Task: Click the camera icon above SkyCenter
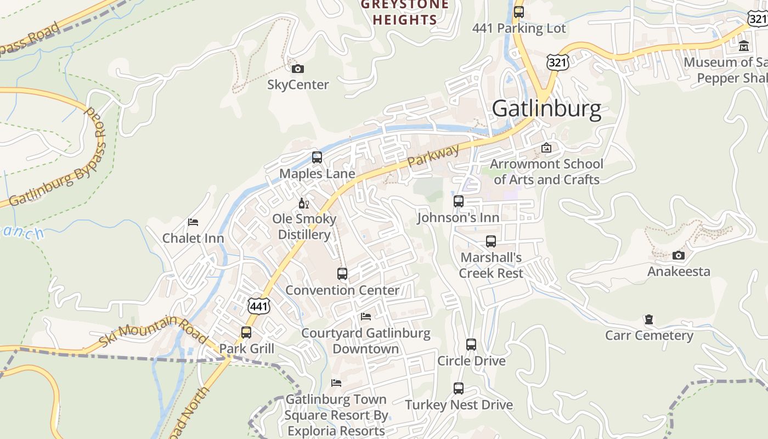point(298,69)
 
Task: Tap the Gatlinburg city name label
point(546,109)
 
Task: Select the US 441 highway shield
point(259,306)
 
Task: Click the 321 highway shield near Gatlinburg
point(557,62)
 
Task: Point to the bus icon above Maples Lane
point(317,157)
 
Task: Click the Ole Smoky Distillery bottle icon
point(304,204)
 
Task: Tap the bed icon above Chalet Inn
point(193,222)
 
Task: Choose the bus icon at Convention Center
point(342,273)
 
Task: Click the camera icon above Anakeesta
point(679,255)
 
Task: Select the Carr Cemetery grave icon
point(649,319)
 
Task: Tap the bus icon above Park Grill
point(246,332)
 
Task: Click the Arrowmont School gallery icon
point(546,148)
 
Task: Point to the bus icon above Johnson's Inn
point(459,201)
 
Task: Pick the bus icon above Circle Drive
point(471,345)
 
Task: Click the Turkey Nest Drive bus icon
point(459,389)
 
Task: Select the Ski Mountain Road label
point(153,331)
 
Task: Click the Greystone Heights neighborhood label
point(404,13)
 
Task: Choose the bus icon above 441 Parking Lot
point(518,12)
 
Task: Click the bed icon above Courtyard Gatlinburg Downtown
point(366,317)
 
